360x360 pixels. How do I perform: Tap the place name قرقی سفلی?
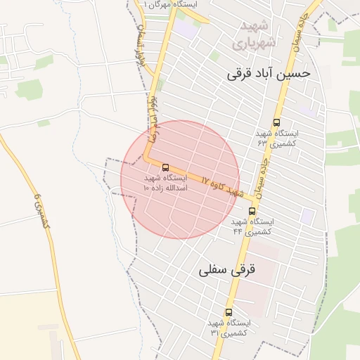229,269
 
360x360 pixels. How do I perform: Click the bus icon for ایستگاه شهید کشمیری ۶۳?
276,122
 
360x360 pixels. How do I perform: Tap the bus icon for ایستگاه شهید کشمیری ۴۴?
252,211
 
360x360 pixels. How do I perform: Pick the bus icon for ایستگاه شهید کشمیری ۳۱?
229,312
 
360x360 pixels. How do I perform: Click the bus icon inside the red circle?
165,167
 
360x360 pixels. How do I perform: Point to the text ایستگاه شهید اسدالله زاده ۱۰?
166,184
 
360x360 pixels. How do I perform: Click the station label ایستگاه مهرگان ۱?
171,4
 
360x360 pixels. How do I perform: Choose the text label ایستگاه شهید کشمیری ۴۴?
252,226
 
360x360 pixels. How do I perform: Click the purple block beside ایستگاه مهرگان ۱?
186,28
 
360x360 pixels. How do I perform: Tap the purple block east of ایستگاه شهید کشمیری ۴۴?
307,215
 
